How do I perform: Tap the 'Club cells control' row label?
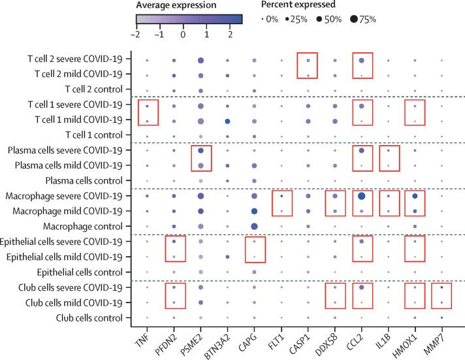(x=88, y=318)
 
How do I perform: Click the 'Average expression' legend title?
(x=177, y=5)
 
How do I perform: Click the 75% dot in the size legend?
(x=353, y=19)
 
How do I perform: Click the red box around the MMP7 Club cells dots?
(x=441, y=295)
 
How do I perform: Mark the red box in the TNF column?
(x=149, y=112)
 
